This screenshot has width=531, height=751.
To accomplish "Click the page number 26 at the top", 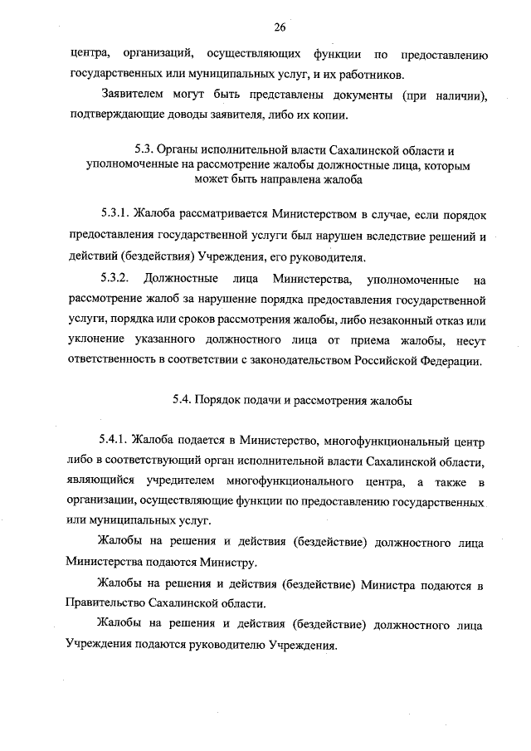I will point(280,27).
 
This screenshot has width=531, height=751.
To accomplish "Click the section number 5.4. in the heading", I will point(183,398).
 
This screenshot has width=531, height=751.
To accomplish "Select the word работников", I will point(365,75).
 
